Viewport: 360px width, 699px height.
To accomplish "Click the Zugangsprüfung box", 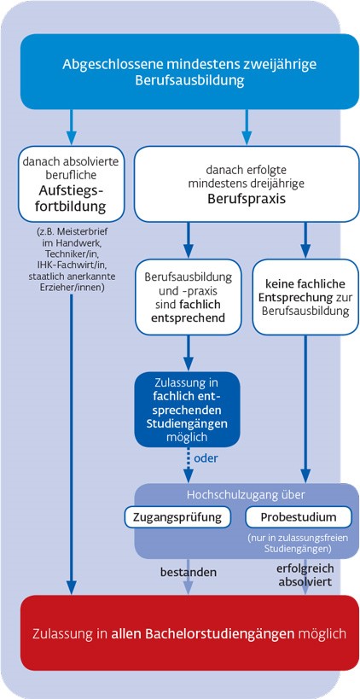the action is [x=178, y=517].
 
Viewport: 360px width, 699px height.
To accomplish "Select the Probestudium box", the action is [x=298, y=517].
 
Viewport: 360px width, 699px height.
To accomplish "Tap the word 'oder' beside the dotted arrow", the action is [x=206, y=457].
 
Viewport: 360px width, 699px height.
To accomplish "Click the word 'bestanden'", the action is [x=189, y=572].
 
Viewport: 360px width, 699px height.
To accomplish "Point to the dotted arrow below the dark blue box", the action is [x=189, y=464].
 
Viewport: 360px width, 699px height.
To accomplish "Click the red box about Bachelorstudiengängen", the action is [x=189, y=632].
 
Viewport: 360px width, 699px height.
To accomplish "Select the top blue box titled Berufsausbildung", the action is [x=189, y=72].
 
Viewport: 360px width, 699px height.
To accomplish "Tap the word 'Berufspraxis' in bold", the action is [x=247, y=199].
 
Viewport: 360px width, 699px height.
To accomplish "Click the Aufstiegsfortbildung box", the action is [x=72, y=183].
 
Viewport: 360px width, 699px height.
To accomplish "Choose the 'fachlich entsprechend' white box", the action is [x=188, y=297].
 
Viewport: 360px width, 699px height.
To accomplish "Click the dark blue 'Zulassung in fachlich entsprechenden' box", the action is [x=188, y=409].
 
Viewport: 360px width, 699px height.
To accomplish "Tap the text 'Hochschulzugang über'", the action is [x=246, y=495].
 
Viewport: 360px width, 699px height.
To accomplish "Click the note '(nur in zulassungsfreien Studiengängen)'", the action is [x=298, y=542].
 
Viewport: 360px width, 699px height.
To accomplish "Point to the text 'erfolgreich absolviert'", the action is [x=305, y=575].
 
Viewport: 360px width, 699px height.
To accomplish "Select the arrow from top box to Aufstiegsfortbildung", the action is [x=72, y=127].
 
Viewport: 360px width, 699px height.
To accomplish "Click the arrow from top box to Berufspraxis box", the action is [x=247, y=127].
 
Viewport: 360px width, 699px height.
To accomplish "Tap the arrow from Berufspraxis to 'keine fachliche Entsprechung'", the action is [x=305, y=241].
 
